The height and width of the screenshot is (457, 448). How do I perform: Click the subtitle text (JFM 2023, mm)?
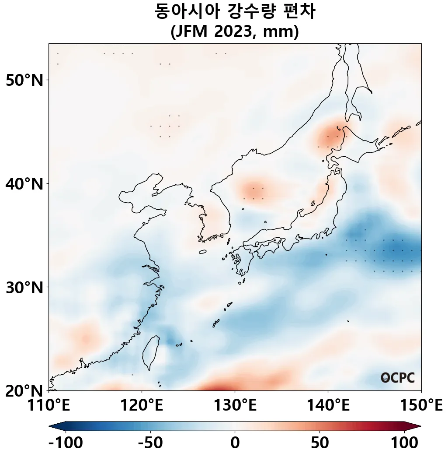pos(235,32)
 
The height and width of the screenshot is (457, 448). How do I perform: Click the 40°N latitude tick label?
pos(24,183)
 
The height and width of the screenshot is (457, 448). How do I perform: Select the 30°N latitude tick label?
pos(24,287)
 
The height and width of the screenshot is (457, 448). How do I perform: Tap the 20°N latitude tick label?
pos(24,390)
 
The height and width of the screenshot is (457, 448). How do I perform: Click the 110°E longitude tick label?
pos(49,405)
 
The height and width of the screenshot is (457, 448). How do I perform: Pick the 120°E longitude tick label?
pos(142,405)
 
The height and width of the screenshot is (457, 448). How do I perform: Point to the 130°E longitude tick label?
pos(235,405)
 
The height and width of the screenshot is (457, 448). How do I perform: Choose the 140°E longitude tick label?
pos(328,405)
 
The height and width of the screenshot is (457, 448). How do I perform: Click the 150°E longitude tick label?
pos(421,405)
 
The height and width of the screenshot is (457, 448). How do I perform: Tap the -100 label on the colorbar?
pos(66,443)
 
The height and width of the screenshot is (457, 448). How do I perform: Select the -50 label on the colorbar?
pos(150,443)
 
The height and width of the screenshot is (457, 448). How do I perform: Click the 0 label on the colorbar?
pos(235,443)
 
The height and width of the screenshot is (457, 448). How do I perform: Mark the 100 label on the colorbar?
pos(404,443)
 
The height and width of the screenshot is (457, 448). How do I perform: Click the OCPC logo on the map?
pos(398,378)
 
